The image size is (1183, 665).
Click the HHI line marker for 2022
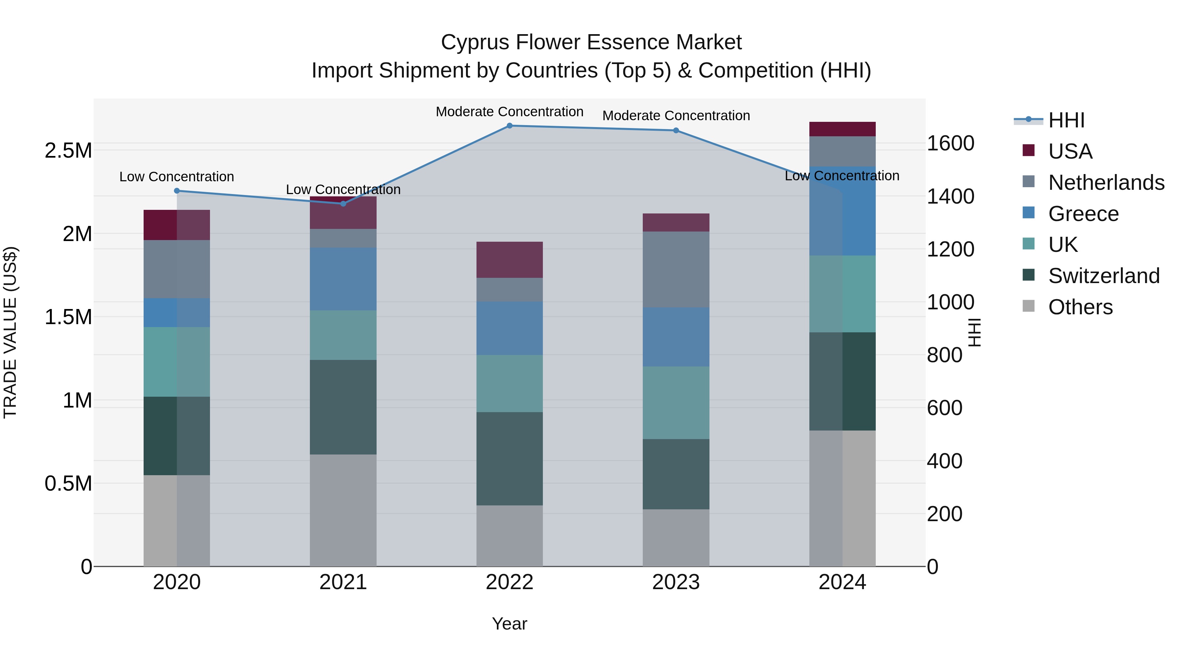pyautogui.click(x=509, y=126)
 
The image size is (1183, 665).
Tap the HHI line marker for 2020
pyautogui.click(x=177, y=191)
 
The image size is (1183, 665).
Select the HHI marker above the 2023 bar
pyautogui.click(x=676, y=131)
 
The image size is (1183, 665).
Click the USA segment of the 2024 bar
pyautogui.click(x=842, y=129)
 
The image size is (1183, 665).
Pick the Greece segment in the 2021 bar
pyautogui.click(x=343, y=279)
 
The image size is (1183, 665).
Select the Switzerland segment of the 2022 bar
pyautogui.click(x=509, y=458)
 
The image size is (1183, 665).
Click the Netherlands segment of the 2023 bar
pyautogui.click(x=676, y=269)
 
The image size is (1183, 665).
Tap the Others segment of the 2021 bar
pyautogui.click(x=343, y=510)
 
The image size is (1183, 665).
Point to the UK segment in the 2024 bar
pyautogui.click(x=842, y=294)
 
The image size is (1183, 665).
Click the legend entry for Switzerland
pyautogui.click(x=1103, y=276)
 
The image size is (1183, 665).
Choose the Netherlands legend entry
pyautogui.click(x=1106, y=183)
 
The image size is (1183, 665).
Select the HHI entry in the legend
pyautogui.click(x=1066, y=120)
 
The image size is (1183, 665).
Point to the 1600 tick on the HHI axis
pyautogui.click(x=950, y=144)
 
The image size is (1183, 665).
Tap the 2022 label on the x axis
pyautogui.click(x=509, y=582)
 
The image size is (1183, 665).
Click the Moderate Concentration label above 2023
pyautogui.click(x=676, y=116)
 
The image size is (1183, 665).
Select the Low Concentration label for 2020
pyautogui.click(x=177, y=177)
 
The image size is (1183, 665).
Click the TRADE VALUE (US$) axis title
pyautogui.click(x=10, y=332)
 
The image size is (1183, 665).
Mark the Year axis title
pyautogui.click(x=509, y=624)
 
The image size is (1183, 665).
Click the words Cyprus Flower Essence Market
pyautogui.click(x=591, y=42)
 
